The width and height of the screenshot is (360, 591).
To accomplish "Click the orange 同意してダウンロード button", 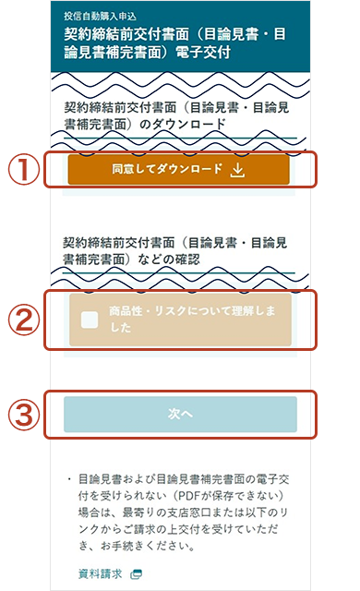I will coord(178,170).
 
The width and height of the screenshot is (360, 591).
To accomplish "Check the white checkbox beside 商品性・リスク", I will coord(90,320).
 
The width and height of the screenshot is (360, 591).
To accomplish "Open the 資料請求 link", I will coord(99,573).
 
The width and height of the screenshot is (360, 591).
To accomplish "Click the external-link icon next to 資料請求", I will coord(137,573).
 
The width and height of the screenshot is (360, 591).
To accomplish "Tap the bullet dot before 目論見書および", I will coord(68,480).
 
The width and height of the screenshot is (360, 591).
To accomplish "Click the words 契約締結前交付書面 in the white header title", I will coord(115,35).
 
